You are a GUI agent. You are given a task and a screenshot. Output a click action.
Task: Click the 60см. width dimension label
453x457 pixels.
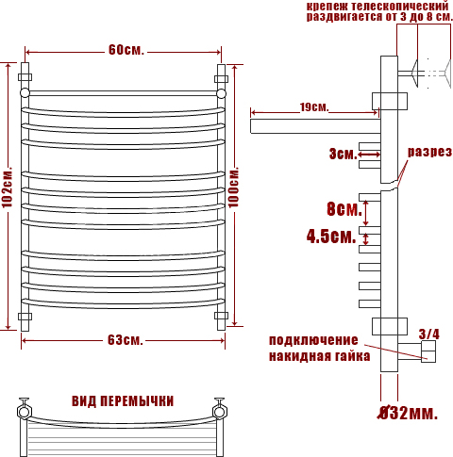126,50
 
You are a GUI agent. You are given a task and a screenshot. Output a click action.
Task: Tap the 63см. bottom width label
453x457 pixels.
126,340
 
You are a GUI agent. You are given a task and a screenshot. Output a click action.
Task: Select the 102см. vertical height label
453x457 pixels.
7,188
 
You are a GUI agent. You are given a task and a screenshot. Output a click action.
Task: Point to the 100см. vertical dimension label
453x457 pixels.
233,188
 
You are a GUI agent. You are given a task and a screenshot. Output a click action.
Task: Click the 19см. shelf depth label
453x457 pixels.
314,107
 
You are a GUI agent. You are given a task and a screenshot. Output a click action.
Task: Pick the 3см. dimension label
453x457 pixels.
344,154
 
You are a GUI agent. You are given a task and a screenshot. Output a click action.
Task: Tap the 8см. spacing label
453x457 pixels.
344,209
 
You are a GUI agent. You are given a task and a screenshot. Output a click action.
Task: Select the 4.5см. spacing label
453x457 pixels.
331,237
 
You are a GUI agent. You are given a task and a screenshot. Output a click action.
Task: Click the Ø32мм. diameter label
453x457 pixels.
408,413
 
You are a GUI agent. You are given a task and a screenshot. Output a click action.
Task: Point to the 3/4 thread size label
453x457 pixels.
429,335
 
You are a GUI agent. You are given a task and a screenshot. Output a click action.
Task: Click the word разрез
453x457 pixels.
429,152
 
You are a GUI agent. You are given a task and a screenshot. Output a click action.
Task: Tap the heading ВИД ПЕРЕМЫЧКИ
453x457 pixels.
123,401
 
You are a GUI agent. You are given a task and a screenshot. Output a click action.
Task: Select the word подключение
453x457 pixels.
313,340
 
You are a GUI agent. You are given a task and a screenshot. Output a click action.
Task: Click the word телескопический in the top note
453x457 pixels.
399,6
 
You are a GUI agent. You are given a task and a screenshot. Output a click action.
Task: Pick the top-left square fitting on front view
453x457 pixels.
25,77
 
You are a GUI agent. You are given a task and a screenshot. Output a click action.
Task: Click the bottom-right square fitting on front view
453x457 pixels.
221,316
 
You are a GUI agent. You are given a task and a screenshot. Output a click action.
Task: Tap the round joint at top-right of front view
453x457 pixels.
221,93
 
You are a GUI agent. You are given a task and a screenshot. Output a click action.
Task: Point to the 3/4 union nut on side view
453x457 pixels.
428,351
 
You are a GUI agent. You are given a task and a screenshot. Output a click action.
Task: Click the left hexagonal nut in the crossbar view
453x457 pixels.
24,412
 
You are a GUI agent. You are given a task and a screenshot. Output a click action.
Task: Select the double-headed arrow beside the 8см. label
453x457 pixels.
365,213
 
